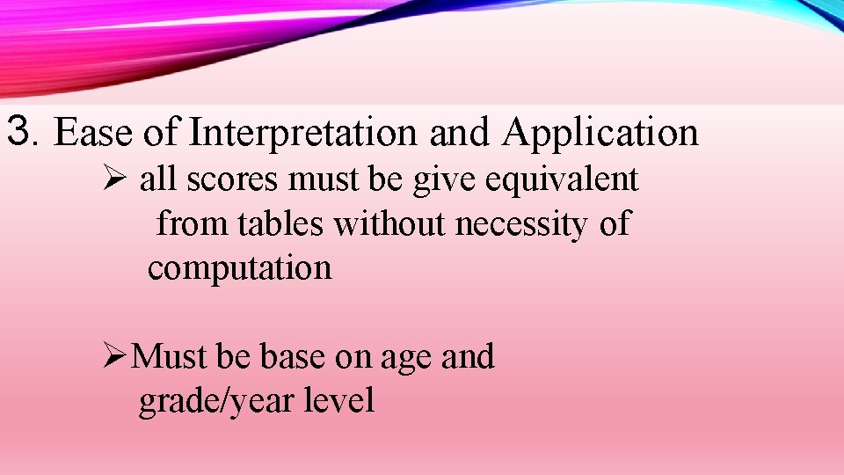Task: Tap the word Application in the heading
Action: (601, 133)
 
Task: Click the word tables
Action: (280, 224)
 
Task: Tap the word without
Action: (389, 224)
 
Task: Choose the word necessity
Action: (522, 224)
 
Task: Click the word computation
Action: (240, 267)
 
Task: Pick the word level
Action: (339, 401)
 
